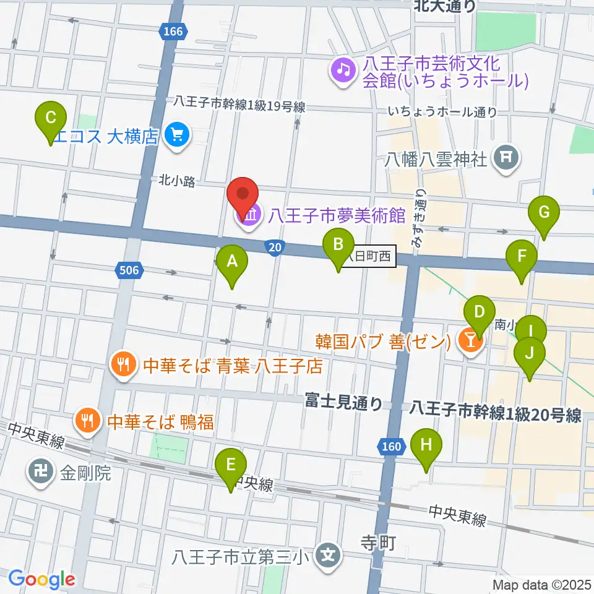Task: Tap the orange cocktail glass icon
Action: click(x=470, y=339)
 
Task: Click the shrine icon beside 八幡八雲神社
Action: click(x=507, y=158)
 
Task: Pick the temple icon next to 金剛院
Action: click(x=41, y=475)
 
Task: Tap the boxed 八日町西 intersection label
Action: click(x=369, y=257)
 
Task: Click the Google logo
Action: click(x=41, y=579)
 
